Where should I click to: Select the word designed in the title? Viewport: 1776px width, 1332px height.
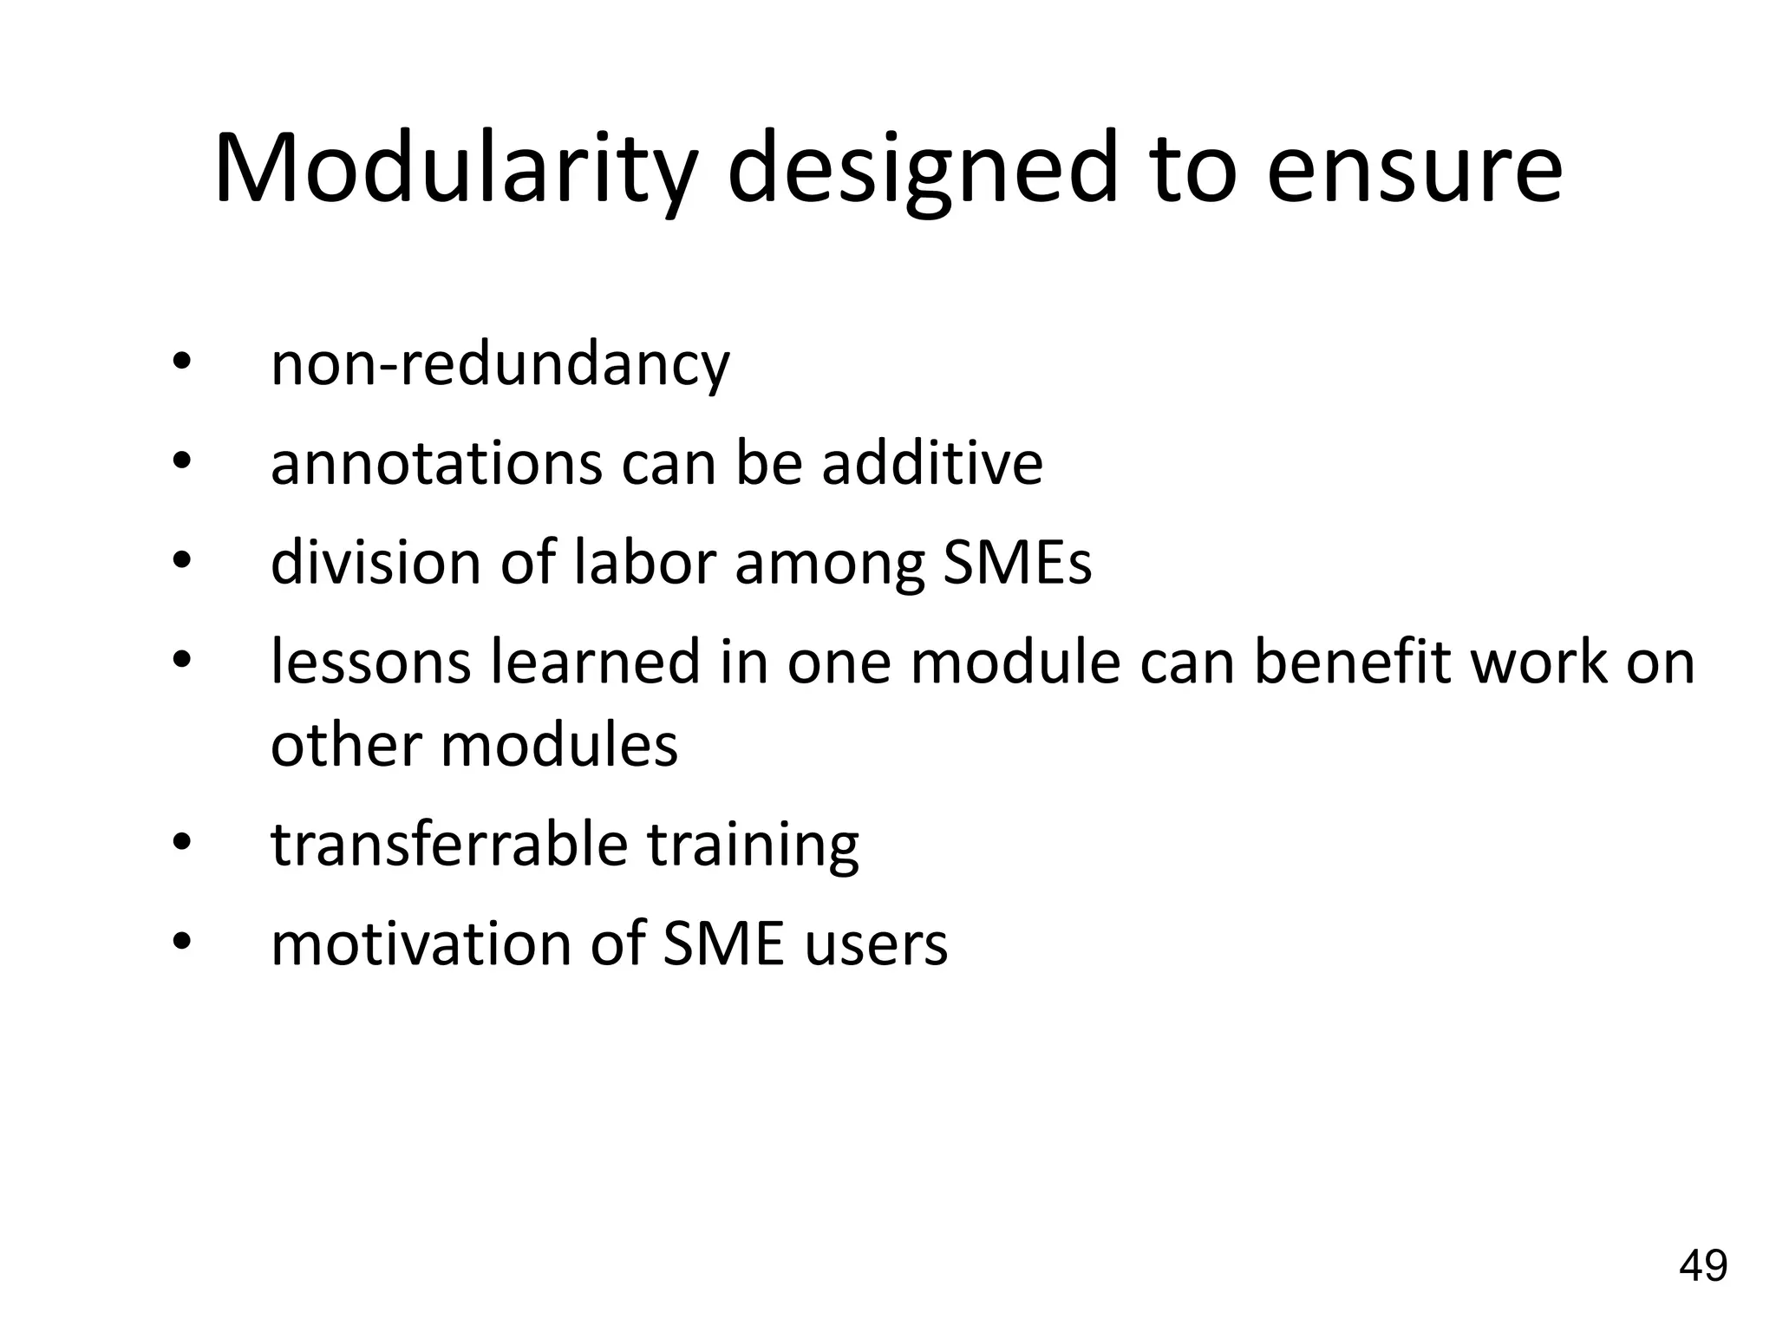point(924,169)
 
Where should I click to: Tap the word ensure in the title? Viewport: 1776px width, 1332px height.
point(1414,169)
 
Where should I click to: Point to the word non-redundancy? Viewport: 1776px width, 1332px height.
point(500,364)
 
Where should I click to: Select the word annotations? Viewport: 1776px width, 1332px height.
point(436,463)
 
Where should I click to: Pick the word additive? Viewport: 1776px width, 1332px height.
point(932,463)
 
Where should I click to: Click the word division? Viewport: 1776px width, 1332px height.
point(375,563)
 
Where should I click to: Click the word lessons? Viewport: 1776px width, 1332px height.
point(371,662)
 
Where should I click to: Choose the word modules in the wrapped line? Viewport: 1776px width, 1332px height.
point(558,745)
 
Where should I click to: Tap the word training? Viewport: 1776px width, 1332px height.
point(753,846)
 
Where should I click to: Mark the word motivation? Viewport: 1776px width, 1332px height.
point(421,943)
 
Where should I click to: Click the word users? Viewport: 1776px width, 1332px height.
point(876,943)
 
